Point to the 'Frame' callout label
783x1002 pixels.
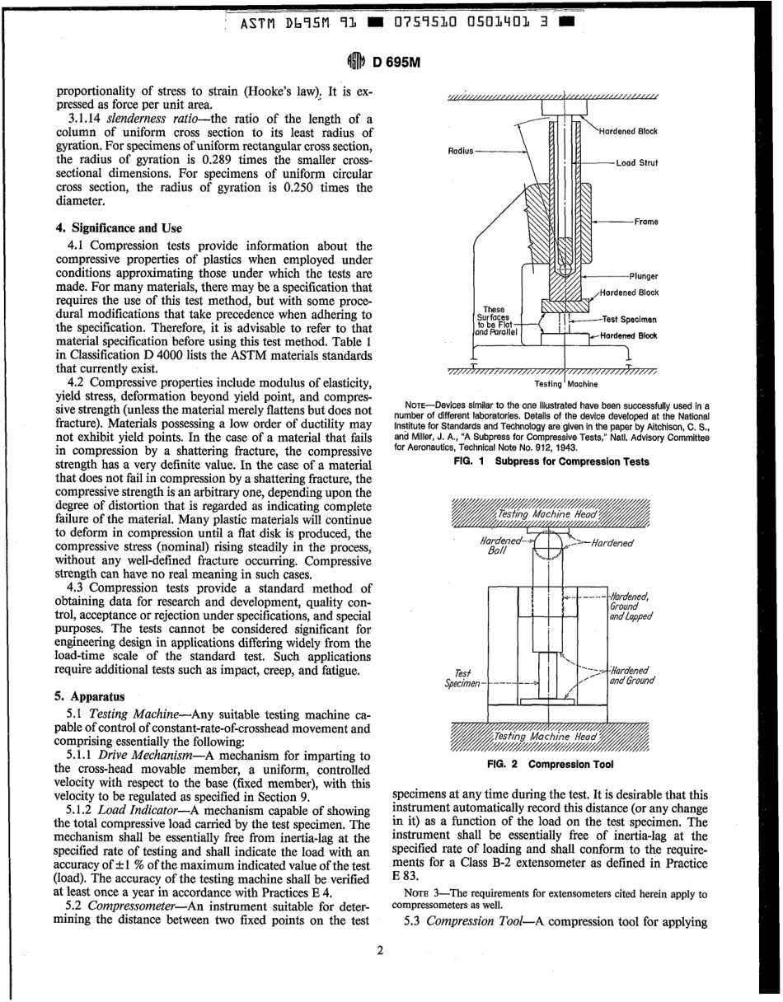point(645,222)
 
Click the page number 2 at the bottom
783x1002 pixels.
point(380,951)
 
